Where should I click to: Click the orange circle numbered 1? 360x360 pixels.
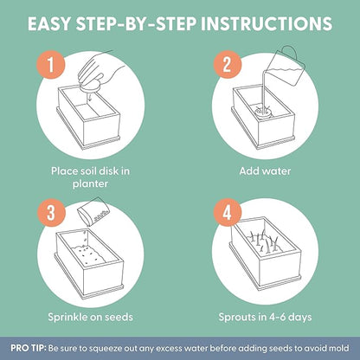[x=51, y=64]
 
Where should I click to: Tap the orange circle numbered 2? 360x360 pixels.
[x=227, y=64]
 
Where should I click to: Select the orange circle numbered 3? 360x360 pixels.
[x=51, y=213]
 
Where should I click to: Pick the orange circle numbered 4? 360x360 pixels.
[x=227, y=213]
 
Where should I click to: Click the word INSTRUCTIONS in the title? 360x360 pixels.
[x=267, y=23]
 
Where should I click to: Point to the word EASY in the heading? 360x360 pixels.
[x=49, y=23]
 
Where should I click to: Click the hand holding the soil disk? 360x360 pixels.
[x=101, y=72]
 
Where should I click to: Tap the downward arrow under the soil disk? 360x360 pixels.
[x=90, y=97]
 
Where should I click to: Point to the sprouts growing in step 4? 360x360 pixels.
[x=264, y=241]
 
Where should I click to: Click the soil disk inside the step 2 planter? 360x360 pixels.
[x=262, y=112]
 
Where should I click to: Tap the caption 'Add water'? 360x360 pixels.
[x=265, y=171]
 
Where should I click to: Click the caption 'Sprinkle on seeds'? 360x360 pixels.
[x=91, y=317]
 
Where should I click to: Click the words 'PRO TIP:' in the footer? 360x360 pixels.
[x=29, y=348]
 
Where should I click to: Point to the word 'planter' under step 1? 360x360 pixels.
[x=90, y=183]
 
